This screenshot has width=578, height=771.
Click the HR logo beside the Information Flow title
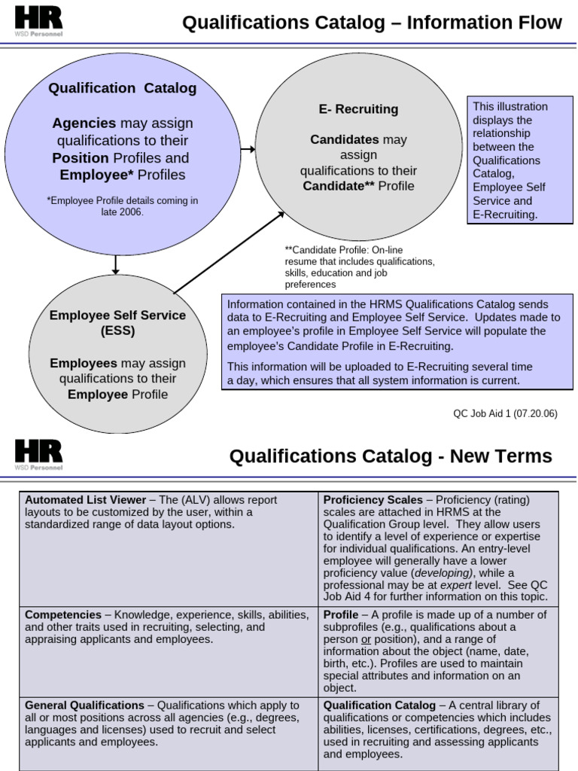(x=38, y=20)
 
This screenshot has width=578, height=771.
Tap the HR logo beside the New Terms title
(x=38, y=454)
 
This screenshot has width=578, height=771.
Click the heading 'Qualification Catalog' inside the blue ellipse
(x=123, y=88)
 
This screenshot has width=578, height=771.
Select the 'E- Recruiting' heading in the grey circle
(x=358, y=109)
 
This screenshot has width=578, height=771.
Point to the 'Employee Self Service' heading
(x=117, y=315)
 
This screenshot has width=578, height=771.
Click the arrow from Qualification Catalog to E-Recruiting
(x=248, y=150)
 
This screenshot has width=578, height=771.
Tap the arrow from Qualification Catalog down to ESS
(x=116, y=264)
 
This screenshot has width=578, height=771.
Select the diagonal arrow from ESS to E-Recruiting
(x=229, y=253)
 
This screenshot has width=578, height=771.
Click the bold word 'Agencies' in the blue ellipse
(x=84, y=123)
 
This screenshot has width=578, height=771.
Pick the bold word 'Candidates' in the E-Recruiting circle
(x=345, y=140)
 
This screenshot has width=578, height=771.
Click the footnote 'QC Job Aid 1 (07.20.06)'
(x=505, y=413)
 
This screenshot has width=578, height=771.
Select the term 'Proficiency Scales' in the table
(x=367, y=500)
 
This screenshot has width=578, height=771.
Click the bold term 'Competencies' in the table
(x=63, y=615)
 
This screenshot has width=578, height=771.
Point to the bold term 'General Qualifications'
(x=84, y=705)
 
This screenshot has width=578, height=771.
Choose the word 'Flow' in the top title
(x=539, y=23)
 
